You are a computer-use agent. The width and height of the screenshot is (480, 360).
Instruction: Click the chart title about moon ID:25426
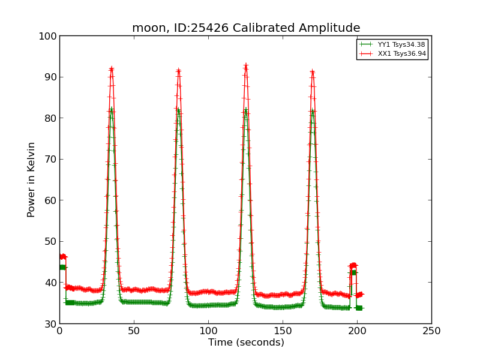click(246, 28)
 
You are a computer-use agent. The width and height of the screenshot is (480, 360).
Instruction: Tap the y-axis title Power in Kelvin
click(31, 179)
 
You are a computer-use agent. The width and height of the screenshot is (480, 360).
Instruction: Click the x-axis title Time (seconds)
click(246, 343)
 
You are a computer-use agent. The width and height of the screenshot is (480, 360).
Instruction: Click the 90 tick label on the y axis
click(49, 77)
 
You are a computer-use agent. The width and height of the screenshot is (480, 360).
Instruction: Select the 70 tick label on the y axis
click(49, 159)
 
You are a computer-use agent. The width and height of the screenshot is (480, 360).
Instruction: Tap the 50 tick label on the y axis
click(49, 241)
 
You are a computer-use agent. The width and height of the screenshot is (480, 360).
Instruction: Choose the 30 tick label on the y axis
click(49, 324)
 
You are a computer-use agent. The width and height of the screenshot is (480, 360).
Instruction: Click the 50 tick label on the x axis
click(134, 331)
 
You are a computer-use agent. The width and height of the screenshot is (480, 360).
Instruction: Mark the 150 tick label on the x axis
click(283, 331)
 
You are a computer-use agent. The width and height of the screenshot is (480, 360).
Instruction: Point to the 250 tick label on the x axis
click(431, 331)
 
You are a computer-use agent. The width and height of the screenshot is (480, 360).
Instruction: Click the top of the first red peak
click(111, 68)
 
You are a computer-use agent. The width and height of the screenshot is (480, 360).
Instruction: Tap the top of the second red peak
click(178, 71)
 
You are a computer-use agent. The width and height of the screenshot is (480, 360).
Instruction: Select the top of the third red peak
click(245, 65)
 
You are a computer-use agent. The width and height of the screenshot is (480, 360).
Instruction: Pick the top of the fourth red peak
click(312, 71)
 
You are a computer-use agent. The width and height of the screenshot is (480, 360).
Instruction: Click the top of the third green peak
click(245, 109)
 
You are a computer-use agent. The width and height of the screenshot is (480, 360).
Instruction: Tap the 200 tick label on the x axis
click(357, 331)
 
